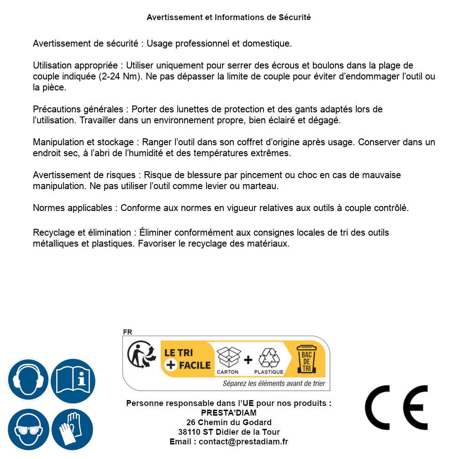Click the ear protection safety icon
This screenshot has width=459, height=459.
pos(28,380)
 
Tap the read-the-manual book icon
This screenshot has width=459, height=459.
pos(73,380)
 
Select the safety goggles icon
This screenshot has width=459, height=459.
pos(28,430)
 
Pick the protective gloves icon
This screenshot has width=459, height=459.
pos(73,430)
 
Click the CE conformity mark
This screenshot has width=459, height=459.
pos(396,407)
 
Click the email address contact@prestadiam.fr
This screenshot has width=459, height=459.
pos(243,442)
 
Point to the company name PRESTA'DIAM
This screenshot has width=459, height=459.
pos(229,413)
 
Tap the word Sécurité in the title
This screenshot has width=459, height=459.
pos(295,17)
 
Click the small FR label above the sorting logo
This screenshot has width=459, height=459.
pos(127,332)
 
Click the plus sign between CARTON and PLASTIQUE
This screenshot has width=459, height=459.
pos(248,360)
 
